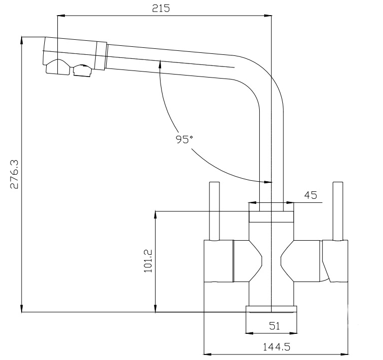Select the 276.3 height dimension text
coord(15,174)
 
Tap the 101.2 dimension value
coord(148,262)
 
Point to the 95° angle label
coord(184,139)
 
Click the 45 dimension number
coord(311,195)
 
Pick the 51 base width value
coord(274,326)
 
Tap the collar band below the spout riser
coord(271,217)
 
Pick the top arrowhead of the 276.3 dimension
coord(22,40)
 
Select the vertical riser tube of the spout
coord(271,151)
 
